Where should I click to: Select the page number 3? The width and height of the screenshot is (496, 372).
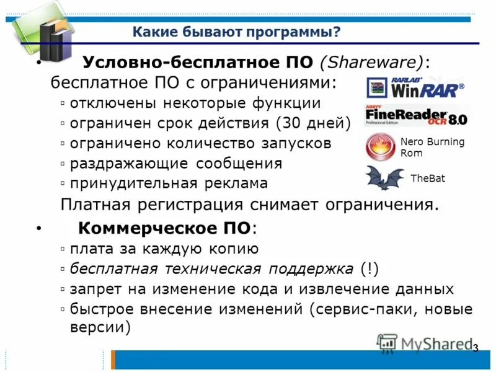click(x=476, y=348)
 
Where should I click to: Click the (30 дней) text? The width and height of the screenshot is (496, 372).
click(x=313, y=123)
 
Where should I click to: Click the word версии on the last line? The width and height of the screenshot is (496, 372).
click(x=99, y=327)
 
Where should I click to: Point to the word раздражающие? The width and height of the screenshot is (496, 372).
click(x=130, y=164)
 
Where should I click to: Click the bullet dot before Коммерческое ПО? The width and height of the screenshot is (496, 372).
click(x=38, y=229)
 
